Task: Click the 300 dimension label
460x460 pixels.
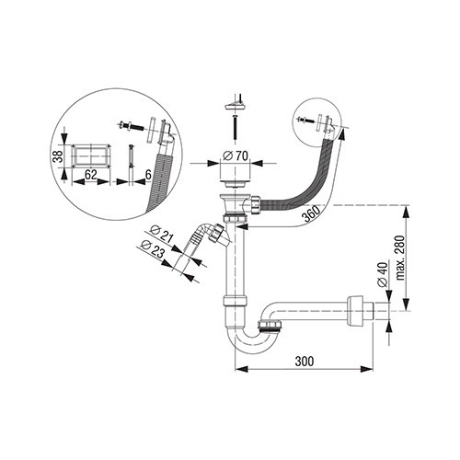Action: (305, 362)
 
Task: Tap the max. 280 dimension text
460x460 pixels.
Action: (400, 258)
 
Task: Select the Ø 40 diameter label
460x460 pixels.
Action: (383, 274)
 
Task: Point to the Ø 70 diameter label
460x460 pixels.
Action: (236, 156)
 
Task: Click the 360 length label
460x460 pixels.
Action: (310, 213)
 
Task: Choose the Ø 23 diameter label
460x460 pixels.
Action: (153, 248)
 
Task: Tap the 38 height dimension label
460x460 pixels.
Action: (57, 155)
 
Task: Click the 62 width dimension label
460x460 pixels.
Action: (91, 175)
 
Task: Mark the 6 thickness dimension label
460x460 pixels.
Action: (148, 175)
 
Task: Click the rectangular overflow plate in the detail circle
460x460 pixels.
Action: (91, 155)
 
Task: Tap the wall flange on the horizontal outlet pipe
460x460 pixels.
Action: (355, 311)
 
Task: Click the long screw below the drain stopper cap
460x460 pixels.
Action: (234, 126)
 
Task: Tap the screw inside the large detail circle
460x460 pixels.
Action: (131, 126)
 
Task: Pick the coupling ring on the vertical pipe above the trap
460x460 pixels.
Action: (235, 301)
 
